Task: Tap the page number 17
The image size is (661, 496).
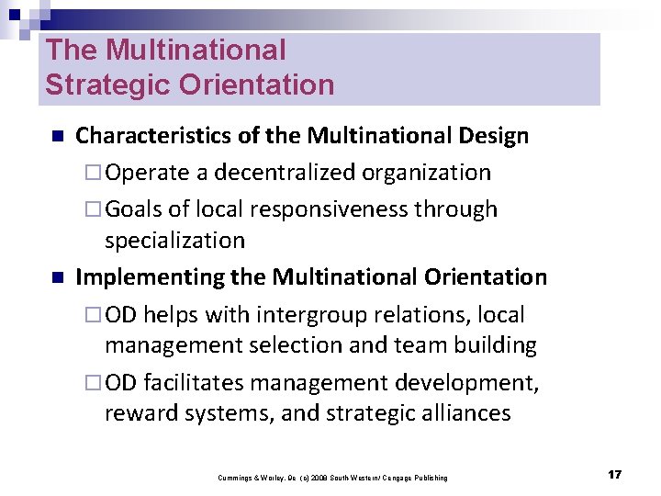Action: pyautogui.click(x=614, y=475)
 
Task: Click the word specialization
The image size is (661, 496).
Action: pyautogui.click(x=174, y=241)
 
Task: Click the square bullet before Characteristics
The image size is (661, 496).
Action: pyautogui.click(x=55, y=137)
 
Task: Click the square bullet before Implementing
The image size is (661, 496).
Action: pyautogui.click(x=55, y=277)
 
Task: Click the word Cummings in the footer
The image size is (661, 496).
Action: pyautogui.click(x=235, y=478)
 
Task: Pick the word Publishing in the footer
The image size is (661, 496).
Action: pyautogui.click(x=430, y=478)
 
